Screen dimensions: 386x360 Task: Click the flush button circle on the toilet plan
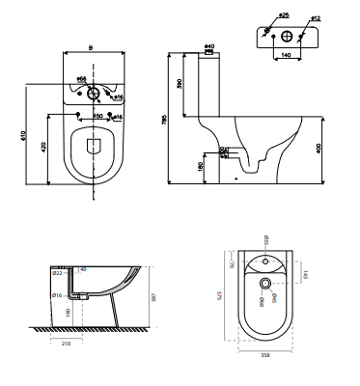[x=93, y=95]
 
